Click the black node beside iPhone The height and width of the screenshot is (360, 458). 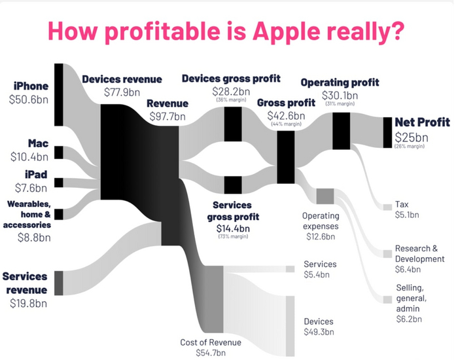tap(58, 94)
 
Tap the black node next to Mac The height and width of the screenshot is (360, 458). tap(58, 153)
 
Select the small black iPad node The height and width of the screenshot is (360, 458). tap(58, 183)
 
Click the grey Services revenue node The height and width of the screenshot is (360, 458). tap(58, 282)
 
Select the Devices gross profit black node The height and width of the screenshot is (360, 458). tap(233, 124)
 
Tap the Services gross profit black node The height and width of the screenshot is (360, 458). tap(233, 185)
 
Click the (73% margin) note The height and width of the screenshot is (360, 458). tap(233, 236)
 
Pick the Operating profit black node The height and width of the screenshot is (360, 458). tap(342, 131)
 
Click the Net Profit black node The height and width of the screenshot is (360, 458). tap(387, 132)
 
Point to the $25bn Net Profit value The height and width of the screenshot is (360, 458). tap(412, 137)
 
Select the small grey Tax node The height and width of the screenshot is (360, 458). tap(387, 207)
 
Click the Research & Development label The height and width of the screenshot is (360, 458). tap(417, 253)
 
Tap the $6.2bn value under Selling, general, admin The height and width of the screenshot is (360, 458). tap(409, 319)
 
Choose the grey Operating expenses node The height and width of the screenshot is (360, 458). tap(325, 196)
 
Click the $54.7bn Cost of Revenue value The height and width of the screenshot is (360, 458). tap(210, 353)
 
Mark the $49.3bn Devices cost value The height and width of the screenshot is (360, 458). tap(319, 333)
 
